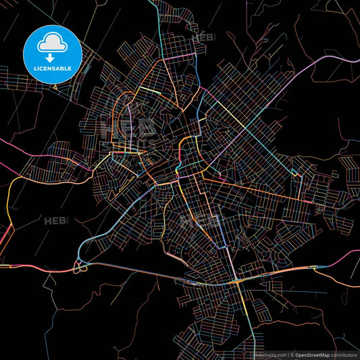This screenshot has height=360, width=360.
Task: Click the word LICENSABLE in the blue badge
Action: tap(53, 68)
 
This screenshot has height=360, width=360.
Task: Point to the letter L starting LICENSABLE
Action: tap(34, 68)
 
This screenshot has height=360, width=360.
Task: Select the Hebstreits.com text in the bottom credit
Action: tap(269, 355)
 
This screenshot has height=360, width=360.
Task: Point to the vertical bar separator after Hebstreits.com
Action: tap(288, 355)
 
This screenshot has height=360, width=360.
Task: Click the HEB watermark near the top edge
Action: tap(203, 38)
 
